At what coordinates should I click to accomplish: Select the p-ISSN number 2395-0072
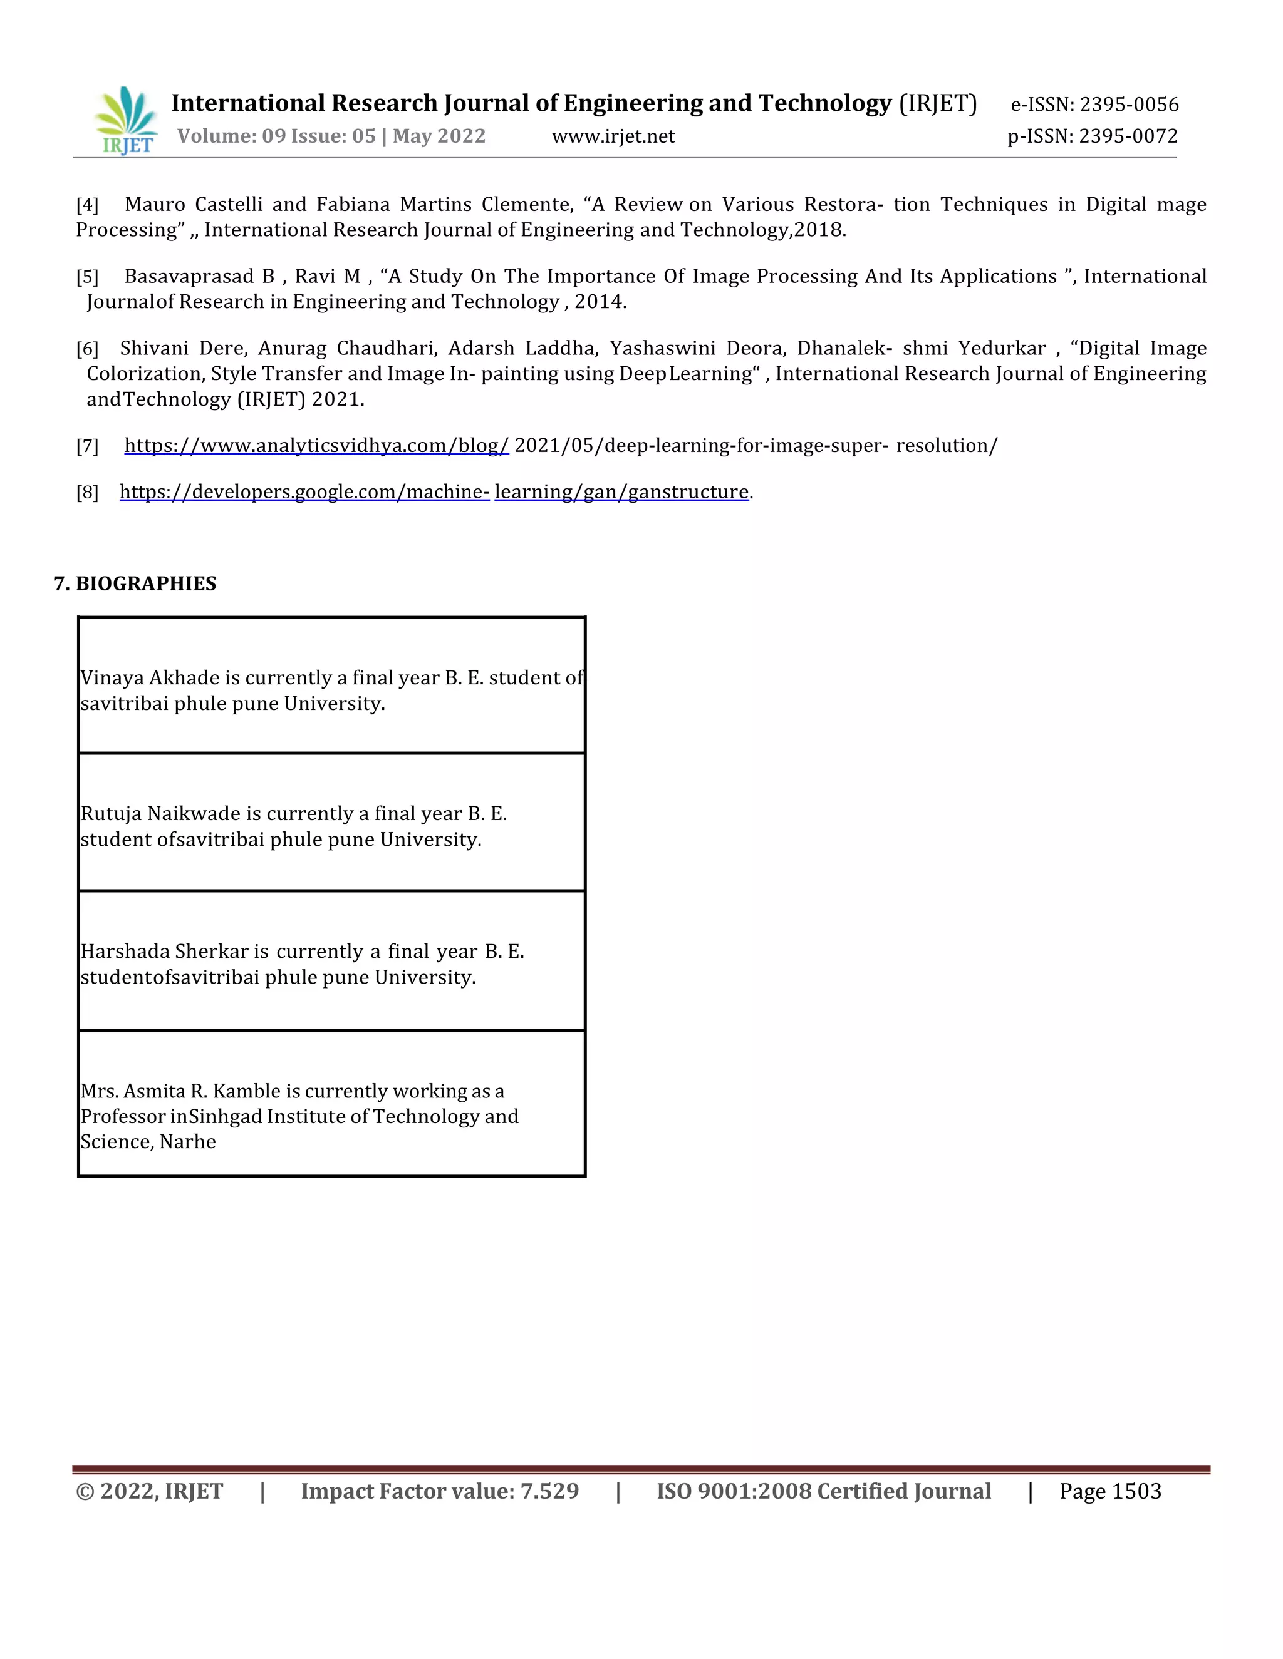(x=1128, y=136)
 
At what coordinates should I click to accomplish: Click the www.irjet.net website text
(x=613, y=136)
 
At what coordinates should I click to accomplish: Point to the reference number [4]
(x=88, y=205)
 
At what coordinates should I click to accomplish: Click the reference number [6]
(x=88, y=349)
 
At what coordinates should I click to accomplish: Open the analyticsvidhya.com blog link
(x=316, y=446)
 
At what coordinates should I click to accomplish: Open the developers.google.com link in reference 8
(x=304, y=492)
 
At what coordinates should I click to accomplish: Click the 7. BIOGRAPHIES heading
(x=135, y=583)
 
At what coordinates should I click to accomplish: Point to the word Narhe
(x=188, y=1142)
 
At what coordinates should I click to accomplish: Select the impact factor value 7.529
(x=549, y=1492)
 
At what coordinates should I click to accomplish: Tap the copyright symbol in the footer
(x=85, y=1492)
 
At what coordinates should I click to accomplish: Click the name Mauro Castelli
(x=193, y=205)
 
